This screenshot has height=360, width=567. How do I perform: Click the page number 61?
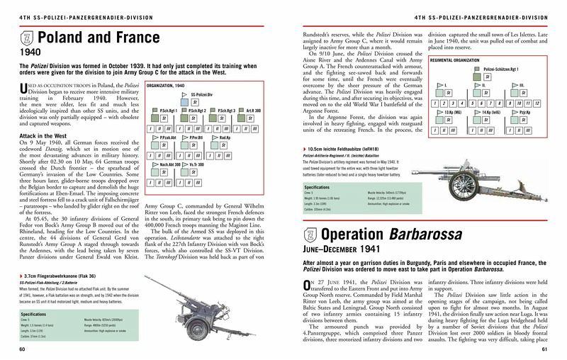[544, 349]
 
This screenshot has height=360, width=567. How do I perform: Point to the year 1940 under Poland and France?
[30, 52]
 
